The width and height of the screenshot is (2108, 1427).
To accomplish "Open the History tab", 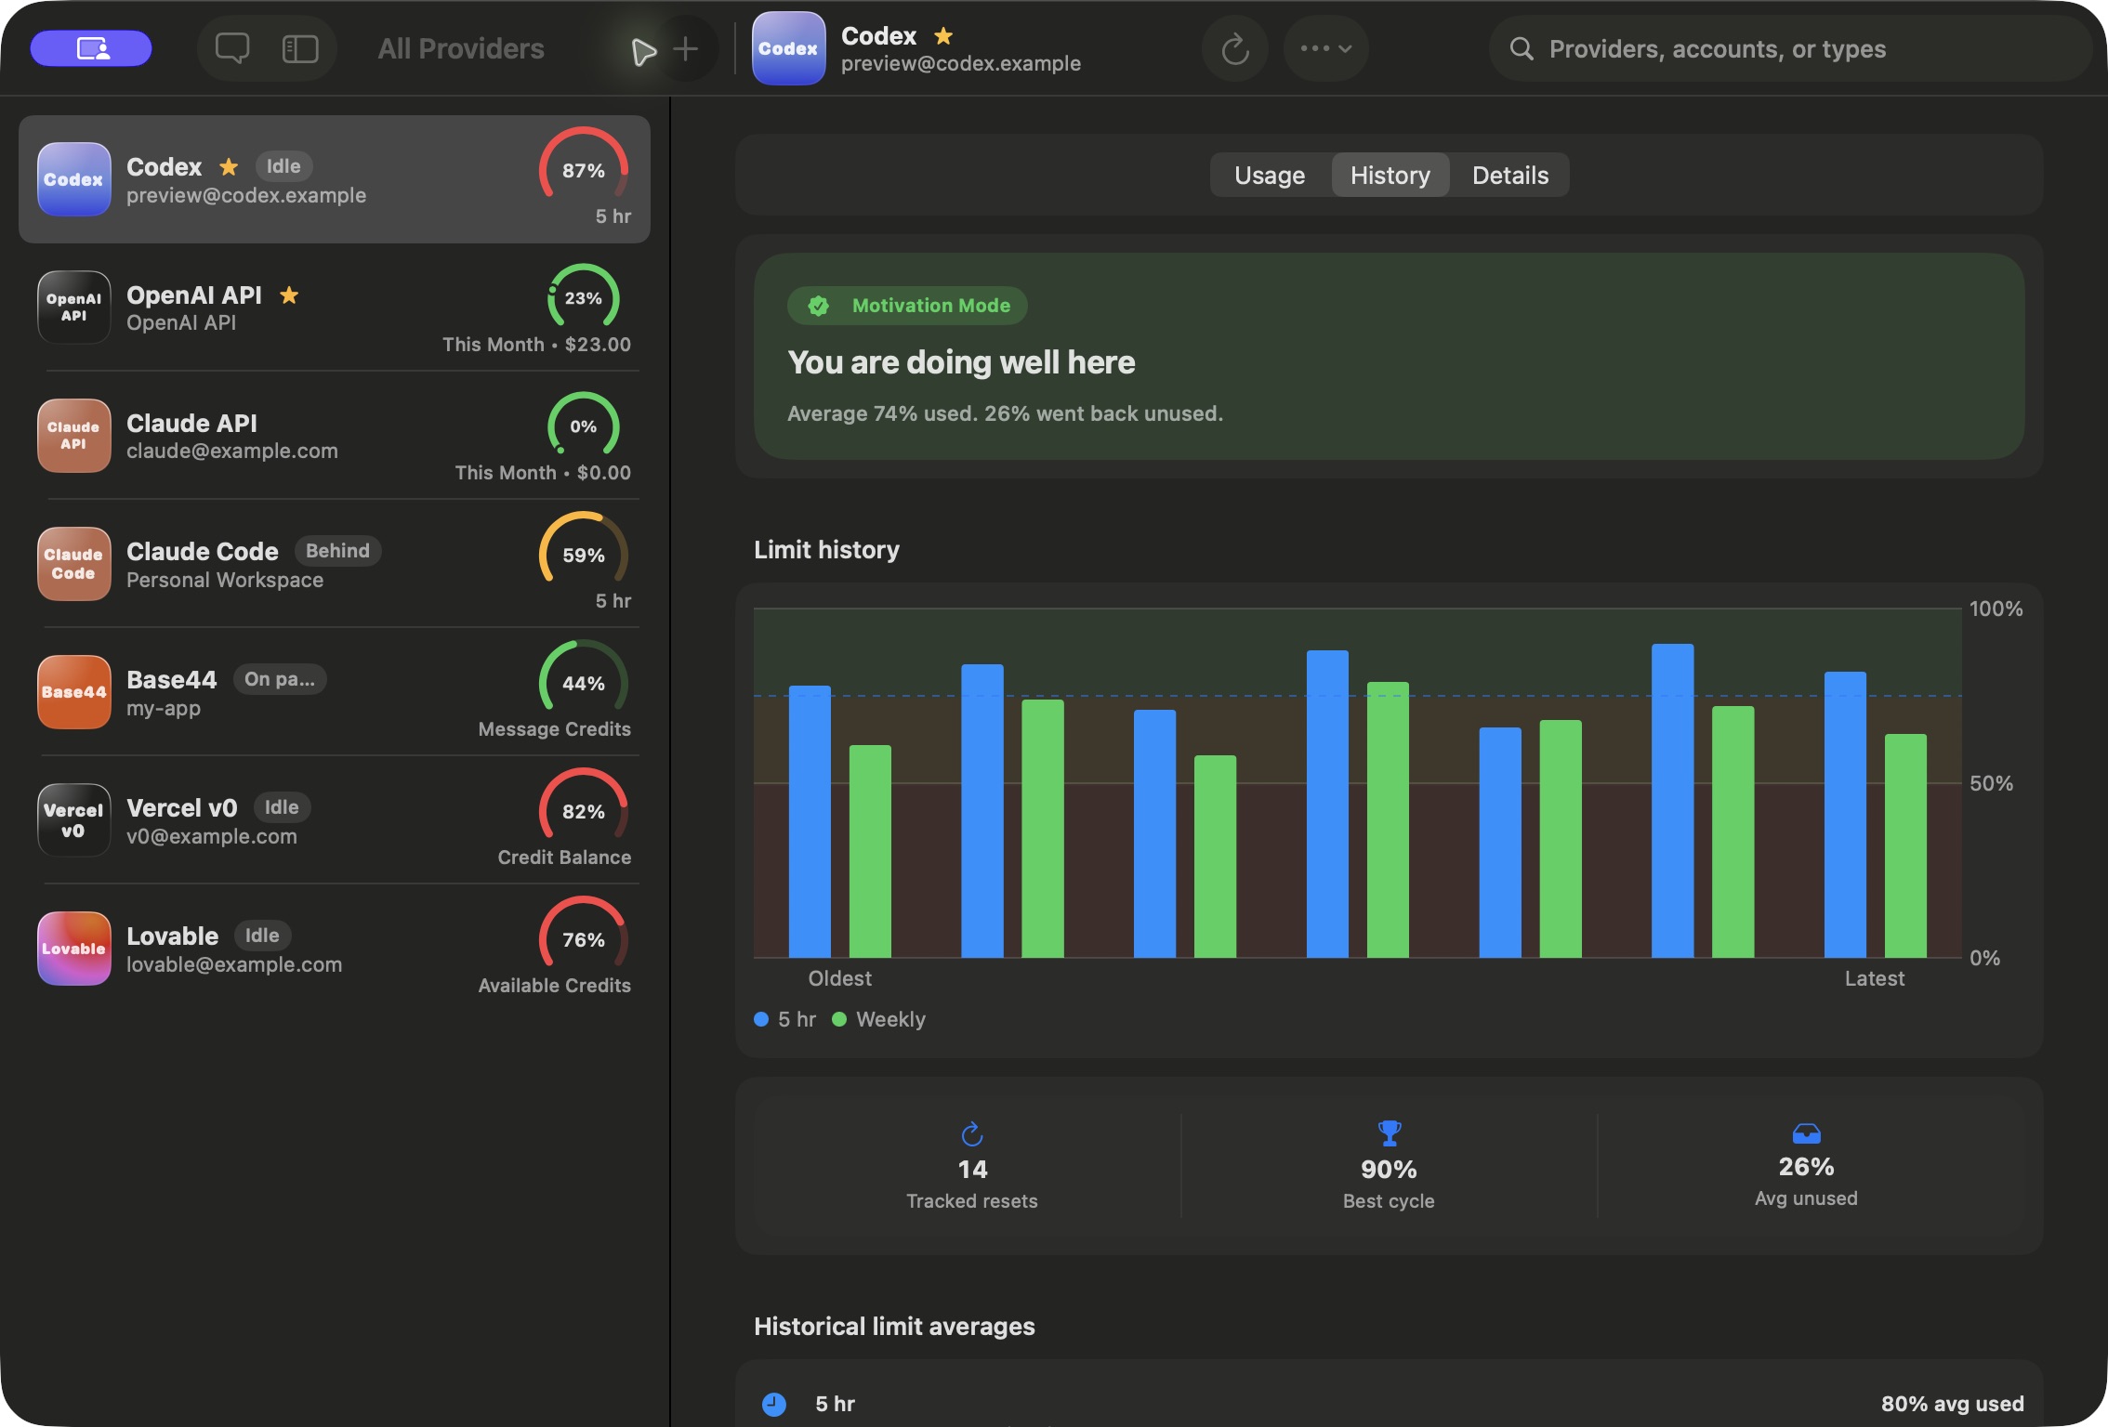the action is [x=1390, y=175].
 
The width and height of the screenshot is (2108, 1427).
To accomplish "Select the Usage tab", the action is [x=1270, y=175].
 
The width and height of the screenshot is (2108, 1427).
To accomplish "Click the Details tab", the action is [x=1510, y=175].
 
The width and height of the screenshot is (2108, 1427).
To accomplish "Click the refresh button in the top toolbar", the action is [x=1234, y=48].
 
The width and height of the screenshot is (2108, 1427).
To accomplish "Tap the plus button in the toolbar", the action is [x=685, y=48].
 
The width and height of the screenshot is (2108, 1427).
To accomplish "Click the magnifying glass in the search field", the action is [x=1521, y=48].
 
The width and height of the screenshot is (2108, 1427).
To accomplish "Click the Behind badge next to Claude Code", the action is [x=337, y=550].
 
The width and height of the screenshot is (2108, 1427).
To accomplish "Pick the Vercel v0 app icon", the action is [x=73, y=819].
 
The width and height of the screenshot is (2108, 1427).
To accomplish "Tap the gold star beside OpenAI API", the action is [x=289, y=295].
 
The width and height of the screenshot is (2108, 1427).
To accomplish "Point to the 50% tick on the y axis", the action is [x=1991, y=783].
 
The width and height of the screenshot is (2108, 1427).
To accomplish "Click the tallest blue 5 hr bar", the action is [x=1672, y=800].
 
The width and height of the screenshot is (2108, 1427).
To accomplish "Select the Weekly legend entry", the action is [x=878, y=1019].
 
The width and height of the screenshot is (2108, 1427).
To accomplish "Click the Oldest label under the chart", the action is [x=839, y=978].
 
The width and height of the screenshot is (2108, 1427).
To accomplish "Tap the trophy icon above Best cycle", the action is [x=1389, y=1132].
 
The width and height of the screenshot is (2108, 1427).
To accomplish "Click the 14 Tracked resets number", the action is [x=972, y=1169].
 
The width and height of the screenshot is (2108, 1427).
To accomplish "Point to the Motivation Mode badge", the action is [x=907, y=306].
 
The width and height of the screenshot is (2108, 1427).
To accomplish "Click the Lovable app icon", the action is [x=73, y=948].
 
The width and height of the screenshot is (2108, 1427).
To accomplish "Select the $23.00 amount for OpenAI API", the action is [x=598, y=344].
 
